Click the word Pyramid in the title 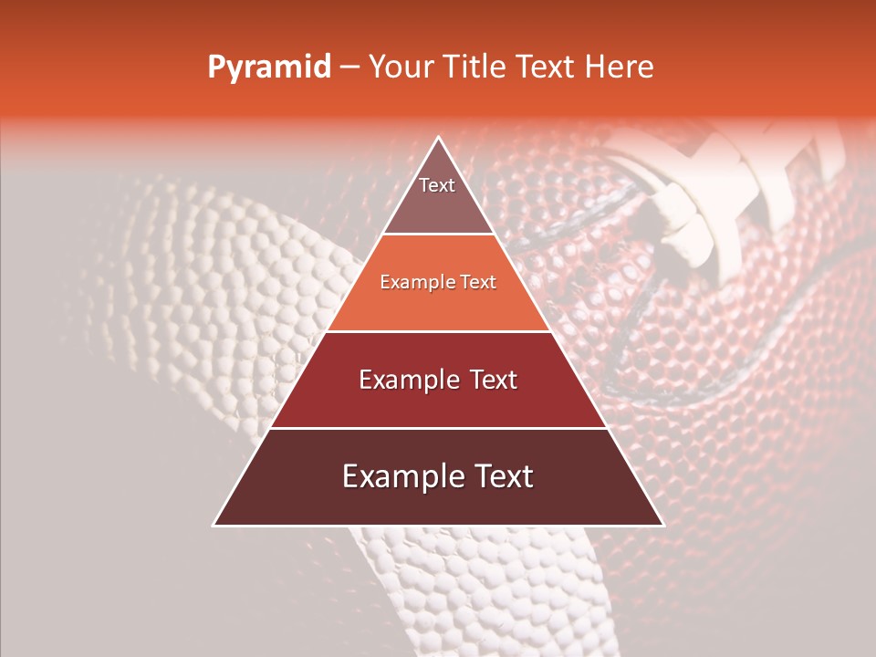click(269, 68)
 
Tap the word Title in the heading click(478, 67)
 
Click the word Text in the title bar click(547, 67)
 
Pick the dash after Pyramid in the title click(349, 68)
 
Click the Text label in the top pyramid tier click(437, 185)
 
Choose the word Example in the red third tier click(405, 380)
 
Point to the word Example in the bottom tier click(397, 476)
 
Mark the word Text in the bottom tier click(502, 476)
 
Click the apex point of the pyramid click(438, 138)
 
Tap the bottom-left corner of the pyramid click(214, 525)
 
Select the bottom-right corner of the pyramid click(662, 525)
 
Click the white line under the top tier click(438, 235)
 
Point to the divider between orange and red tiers click(438, 331)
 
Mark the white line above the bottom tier click(438, 428)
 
